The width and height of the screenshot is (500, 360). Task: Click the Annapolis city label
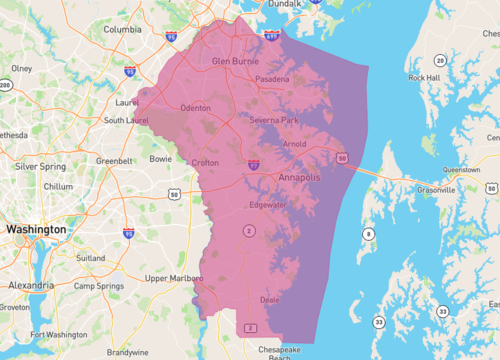(300, 177)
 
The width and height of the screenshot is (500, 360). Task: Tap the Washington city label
(35, 229)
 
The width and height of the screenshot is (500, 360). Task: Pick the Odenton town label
(195, 107)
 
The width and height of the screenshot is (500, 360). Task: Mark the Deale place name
(269, 298)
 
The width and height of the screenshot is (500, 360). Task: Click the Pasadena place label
(271, 78)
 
